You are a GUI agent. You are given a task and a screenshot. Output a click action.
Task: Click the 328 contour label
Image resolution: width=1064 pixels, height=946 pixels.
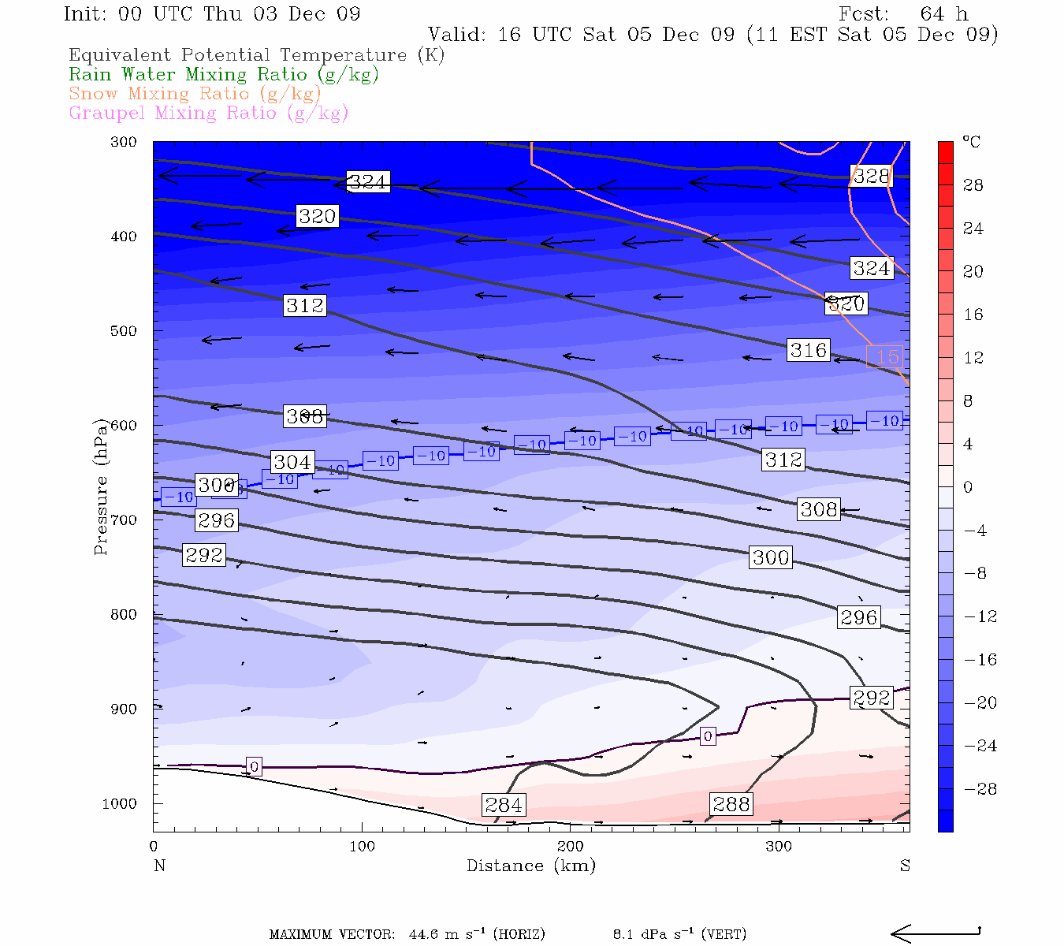[x=871, y=176]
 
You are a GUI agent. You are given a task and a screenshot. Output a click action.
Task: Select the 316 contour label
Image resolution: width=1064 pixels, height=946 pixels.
[x=808, y=350]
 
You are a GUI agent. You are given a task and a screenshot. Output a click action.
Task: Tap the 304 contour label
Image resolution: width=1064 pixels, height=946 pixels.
[x=292, y=462]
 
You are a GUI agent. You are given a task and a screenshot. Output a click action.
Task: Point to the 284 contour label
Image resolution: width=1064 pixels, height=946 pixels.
[x=504, y=805]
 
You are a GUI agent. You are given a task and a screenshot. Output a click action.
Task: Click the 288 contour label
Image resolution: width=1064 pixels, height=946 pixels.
[x=731, y=804]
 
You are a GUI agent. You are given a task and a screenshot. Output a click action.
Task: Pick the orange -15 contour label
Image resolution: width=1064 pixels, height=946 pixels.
[x=884, y=357]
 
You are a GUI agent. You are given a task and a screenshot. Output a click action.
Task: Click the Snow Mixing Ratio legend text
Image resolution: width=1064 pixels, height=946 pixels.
[x=195, y=94]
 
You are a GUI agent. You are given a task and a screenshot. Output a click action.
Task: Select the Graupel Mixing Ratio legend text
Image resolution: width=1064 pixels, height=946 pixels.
[x=208, y=113]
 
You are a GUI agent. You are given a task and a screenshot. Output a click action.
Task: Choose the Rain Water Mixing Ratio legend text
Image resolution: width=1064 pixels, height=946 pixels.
[x=224, y=75]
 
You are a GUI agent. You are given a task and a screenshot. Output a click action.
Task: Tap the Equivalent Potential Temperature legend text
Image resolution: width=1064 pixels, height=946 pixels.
[x=256, y=55]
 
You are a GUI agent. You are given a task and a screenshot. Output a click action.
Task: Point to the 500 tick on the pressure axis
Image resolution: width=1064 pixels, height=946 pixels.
[x=124, y=331]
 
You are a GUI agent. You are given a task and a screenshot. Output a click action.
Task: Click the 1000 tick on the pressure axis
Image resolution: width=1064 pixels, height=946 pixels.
[x=119, y=804]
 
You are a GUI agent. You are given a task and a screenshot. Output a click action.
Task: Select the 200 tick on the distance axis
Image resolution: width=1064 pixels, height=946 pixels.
[x=571, y=847]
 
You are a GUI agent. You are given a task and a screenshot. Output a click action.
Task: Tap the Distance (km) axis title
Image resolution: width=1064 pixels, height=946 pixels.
[x=530, y=866]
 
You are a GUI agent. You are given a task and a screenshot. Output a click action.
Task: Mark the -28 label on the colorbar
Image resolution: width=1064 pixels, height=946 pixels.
[x=980, y=789]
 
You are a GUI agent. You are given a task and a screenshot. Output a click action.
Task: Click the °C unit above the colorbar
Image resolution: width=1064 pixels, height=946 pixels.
[x=971, y=143]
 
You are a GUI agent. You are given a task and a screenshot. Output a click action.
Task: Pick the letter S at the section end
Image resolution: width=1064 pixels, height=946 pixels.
[x=905, y=866]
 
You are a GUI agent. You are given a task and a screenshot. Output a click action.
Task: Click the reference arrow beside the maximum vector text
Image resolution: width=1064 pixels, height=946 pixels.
[x=936, y=933]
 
